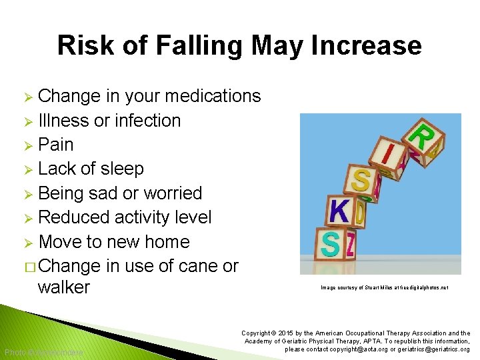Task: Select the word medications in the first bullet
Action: (x=213, y=96)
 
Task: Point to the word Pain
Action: (x=56, y=145)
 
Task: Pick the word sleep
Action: (x=121, y=169)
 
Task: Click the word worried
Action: (x=171, y=193)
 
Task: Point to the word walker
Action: (x=64, y=287)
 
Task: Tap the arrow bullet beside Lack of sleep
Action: (x=27, y=169)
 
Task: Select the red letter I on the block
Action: (x=388, y=153)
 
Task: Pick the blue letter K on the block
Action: (x=339, y=213)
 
